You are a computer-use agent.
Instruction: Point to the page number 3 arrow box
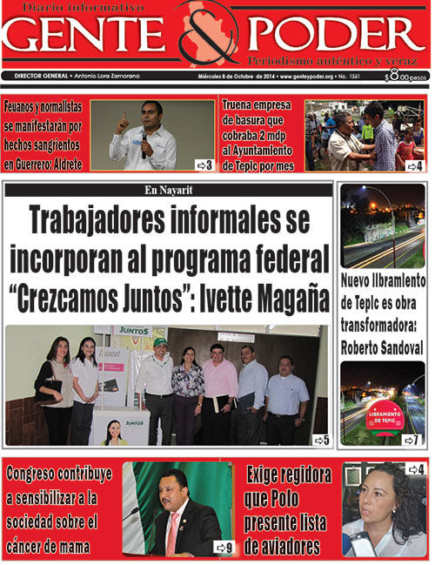click(204, 165)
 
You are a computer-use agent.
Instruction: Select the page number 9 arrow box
click(224, 548)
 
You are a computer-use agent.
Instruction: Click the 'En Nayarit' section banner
click(169, 190)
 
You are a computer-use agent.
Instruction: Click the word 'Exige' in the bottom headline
click(266, 474)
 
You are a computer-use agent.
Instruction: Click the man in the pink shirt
click(218, 383)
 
